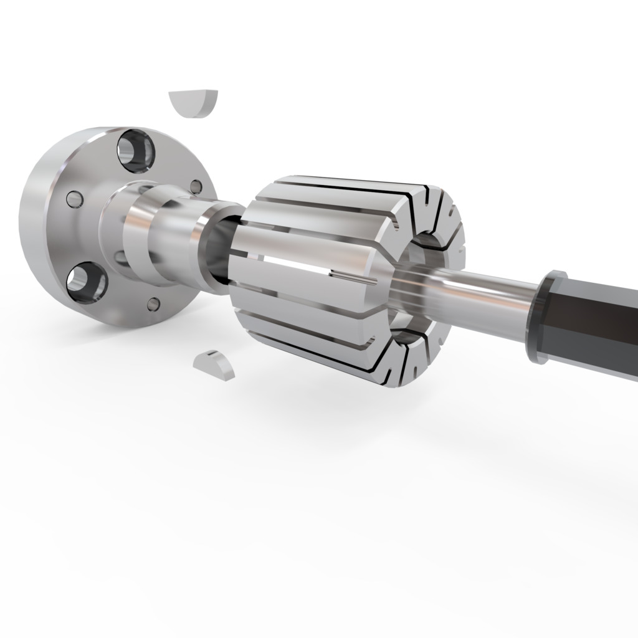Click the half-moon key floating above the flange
pos(193,101)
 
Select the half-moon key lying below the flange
pos(214,364)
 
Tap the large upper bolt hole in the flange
pos(136,151)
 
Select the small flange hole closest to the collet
pos(196,186)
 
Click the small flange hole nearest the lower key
pos(153,304)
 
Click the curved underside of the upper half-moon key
pos(194,112)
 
